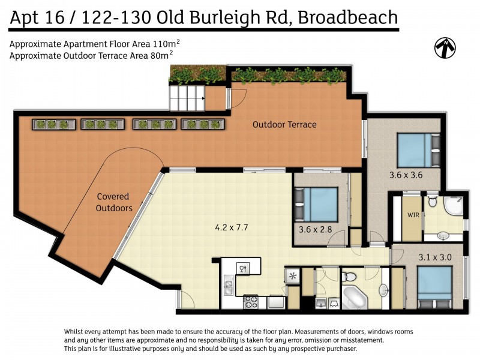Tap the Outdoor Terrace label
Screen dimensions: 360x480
point(284,125)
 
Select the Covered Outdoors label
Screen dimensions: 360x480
point(115,202)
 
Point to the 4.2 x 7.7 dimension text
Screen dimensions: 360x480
point(231,228)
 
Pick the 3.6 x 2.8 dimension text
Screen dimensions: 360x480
point(314,229)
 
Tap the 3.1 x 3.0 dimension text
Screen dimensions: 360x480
point(435,257)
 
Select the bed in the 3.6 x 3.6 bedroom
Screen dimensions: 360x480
point(415,150)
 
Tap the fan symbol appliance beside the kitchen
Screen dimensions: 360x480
point(293,276)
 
